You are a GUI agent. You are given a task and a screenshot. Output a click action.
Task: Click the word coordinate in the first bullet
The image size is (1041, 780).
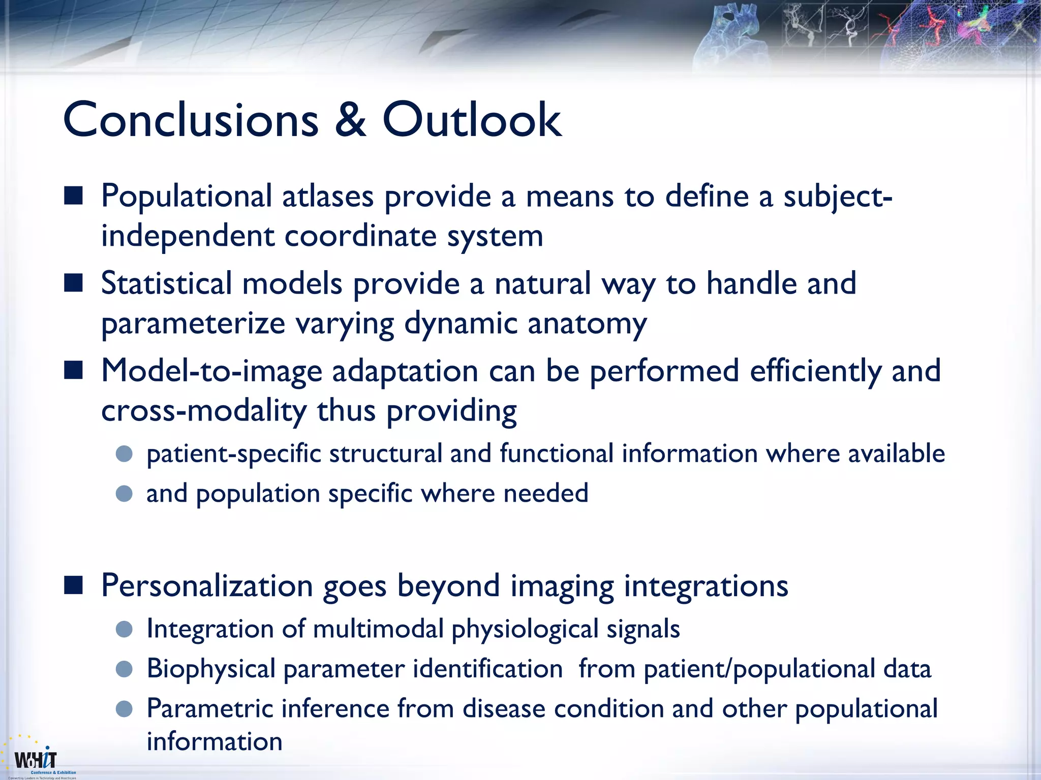[360, 237]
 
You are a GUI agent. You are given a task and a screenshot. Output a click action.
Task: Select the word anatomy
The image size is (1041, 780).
[587, 324]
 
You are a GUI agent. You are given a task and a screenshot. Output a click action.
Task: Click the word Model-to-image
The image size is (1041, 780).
[211, 371]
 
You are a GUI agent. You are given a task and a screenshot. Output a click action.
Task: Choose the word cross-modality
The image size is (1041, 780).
[203, 410]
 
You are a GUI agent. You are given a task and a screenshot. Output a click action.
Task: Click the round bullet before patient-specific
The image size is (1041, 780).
[124, 453]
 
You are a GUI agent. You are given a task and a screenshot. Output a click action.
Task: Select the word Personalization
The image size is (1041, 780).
[206, 586]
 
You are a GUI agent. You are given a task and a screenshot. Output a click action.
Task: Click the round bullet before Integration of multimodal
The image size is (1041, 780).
[124, 630]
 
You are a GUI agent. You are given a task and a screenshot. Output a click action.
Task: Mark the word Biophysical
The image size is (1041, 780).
[211, 669]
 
